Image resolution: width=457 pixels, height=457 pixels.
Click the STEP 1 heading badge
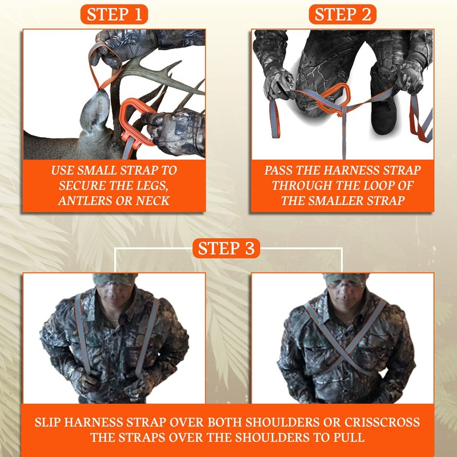114,15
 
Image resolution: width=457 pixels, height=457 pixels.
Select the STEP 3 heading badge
227,249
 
